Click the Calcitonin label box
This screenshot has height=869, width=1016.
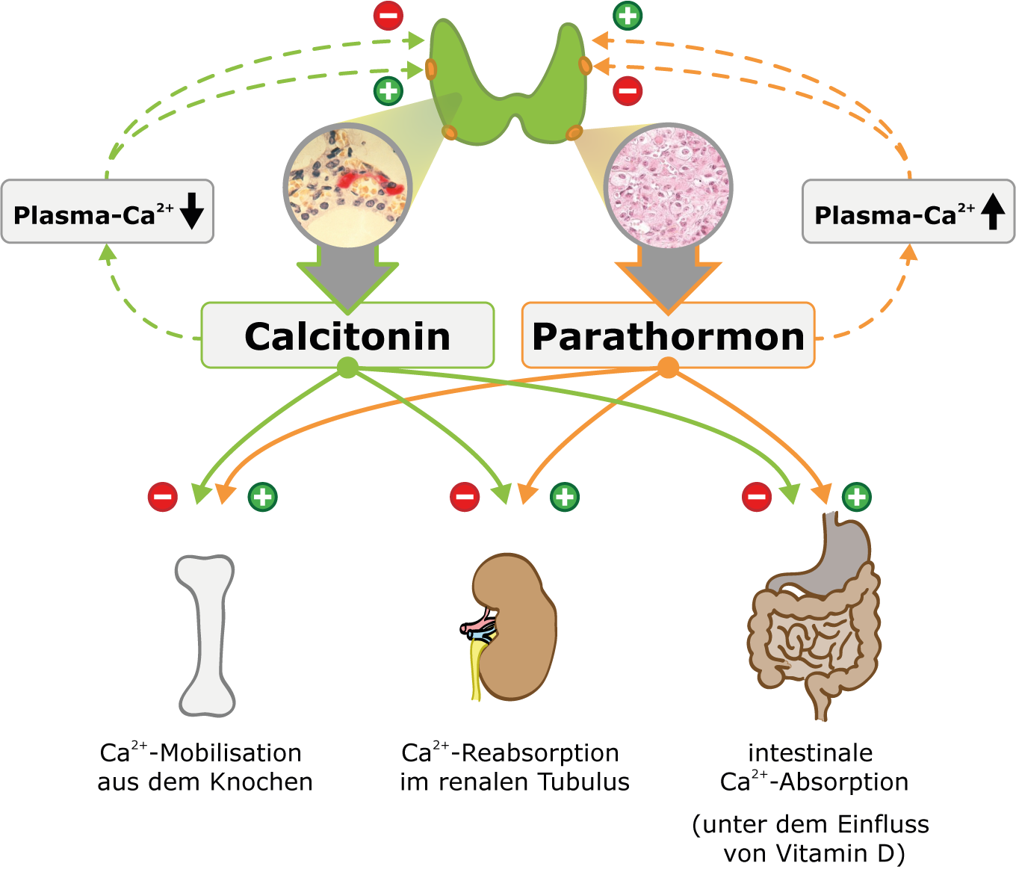[347, 335]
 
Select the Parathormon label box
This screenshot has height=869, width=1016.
[668, 335]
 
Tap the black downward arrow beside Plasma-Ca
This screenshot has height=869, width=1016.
[192, 211]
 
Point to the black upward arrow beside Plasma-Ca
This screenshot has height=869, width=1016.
[993, 211]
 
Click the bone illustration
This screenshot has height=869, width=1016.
[205, 635]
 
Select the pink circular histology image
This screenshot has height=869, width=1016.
[669, 186]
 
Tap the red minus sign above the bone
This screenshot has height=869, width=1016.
[163, 496]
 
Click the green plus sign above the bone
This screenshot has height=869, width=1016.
[262, 496]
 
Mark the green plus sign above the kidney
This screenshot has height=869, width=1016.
[565, 496]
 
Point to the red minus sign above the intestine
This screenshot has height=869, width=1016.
[757, 496]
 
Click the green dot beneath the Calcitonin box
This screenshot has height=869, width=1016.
[347, 368]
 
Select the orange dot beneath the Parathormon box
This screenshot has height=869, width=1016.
[668, 368]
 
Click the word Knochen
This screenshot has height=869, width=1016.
[261, 782]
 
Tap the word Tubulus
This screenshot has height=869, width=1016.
[583, 782]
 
